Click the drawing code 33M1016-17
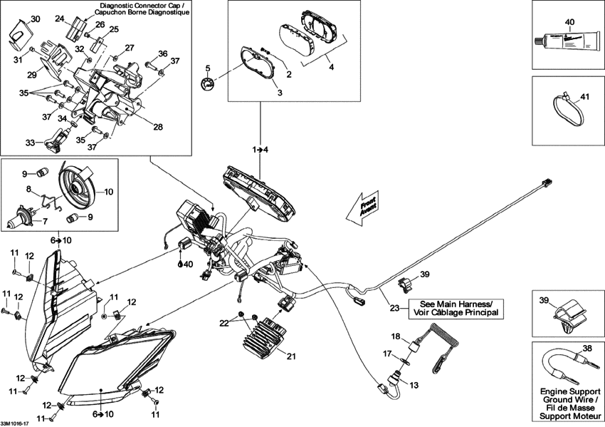click(15, 423)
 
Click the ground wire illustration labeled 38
click(567, 364)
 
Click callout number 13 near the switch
click(414, 386)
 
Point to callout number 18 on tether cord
click(396, 335)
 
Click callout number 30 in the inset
click(36, 19)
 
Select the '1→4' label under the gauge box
click(259, 149)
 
